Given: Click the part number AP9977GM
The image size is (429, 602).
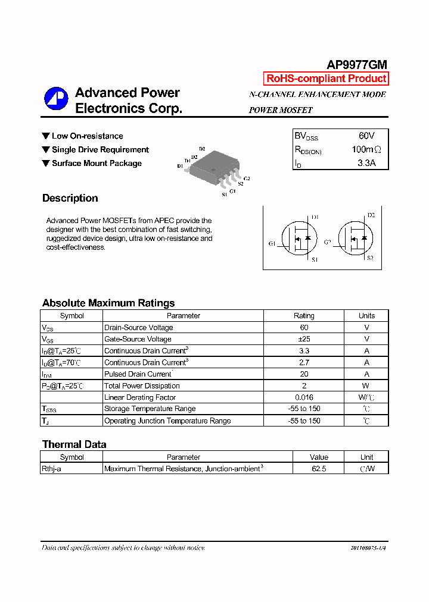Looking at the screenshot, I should pos(357,65).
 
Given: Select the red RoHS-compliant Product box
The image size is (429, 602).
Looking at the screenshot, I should pos(326,79).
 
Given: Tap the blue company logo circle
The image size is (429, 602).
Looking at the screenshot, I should pos(57,99).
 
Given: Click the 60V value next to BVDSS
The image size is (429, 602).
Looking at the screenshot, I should pos(366,136).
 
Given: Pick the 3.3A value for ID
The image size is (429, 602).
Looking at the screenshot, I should pos(366,163).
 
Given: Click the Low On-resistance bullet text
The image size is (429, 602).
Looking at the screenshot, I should pos(87,136).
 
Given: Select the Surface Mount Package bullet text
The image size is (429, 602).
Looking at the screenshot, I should pos(97,164).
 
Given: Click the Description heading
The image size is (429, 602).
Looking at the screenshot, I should pos(70,198).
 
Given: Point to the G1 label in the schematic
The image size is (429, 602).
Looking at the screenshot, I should pos(272,244).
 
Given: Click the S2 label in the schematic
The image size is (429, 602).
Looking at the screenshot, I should pos(370,258).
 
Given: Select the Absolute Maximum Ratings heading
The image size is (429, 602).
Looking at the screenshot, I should pos(108,303).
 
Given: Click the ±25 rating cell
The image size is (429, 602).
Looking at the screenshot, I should pos(304,339).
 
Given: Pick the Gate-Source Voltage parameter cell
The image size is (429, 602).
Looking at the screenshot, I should pos(138,339).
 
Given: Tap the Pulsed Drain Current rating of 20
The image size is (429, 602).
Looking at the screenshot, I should pos(304,374).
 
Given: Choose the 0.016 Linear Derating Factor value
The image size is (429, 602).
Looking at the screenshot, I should pos(304,397).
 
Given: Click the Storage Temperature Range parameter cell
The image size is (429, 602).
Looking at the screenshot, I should pos(150,409).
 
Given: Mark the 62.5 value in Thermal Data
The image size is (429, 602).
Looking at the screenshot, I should pos(319,469).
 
